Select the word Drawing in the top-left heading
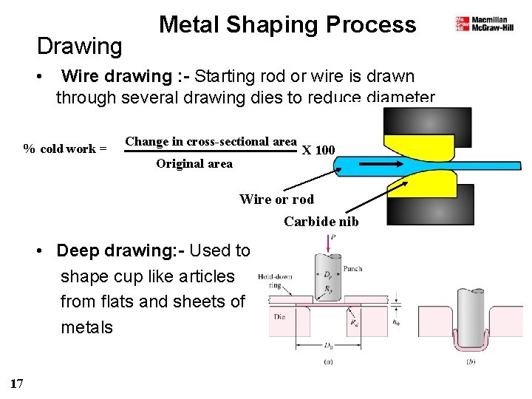pyautogui.click(x=80, y=47)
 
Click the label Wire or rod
pyautogui.click(x=276, y=199)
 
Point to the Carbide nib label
pyautogui.click(x=321, y=221)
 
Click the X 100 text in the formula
pyautogui.click(x=318, y=151)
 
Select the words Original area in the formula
pyautogui.click(x=194, y=164)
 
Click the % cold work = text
pyautogui.click(x=65, y=149)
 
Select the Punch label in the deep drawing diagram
pyautogui.click(x=353, y=269)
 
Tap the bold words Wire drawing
pyautogui.click(x=117, y=76)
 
